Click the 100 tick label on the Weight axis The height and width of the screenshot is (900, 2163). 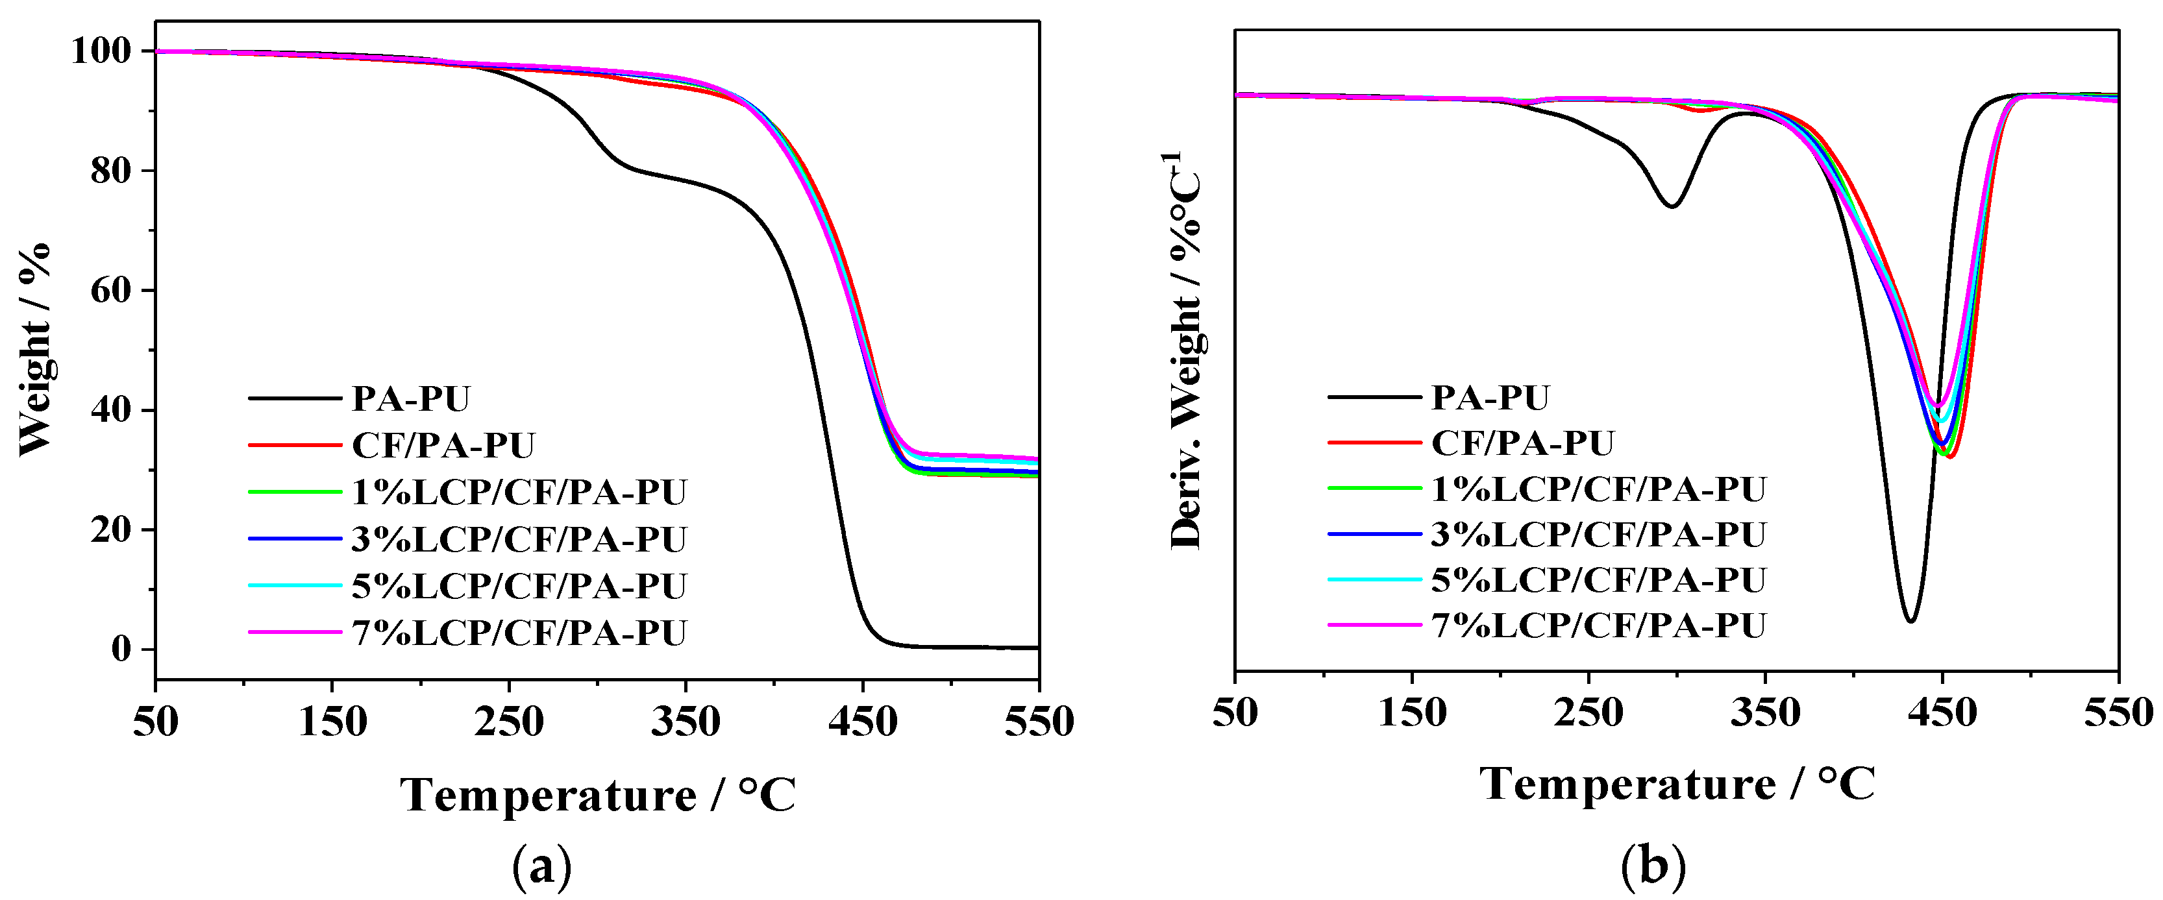click(x=101, y=52)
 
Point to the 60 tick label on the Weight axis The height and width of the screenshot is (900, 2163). click(x=112, y=291)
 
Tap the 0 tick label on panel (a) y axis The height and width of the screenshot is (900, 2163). click(x=122, y=649)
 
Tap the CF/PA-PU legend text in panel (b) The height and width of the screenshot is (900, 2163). click(x=1522, y=443)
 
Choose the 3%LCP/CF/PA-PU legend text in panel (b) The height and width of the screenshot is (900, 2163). click(x=1598, y=534)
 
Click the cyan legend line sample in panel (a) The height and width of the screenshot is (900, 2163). click(x=295, y=585)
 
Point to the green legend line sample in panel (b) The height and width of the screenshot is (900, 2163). click(x=1374, y=488)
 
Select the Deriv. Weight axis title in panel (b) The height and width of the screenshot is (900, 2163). click(x=1185, y=351)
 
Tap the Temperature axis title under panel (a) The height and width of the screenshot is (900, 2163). click(x=598, y=795)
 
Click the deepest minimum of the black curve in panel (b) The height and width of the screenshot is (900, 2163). click(x=1910, y=620)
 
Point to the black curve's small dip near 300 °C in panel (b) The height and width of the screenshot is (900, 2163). click(x=1672, y=206)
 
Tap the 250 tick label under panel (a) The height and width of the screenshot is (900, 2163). click(x=509, y=722)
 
